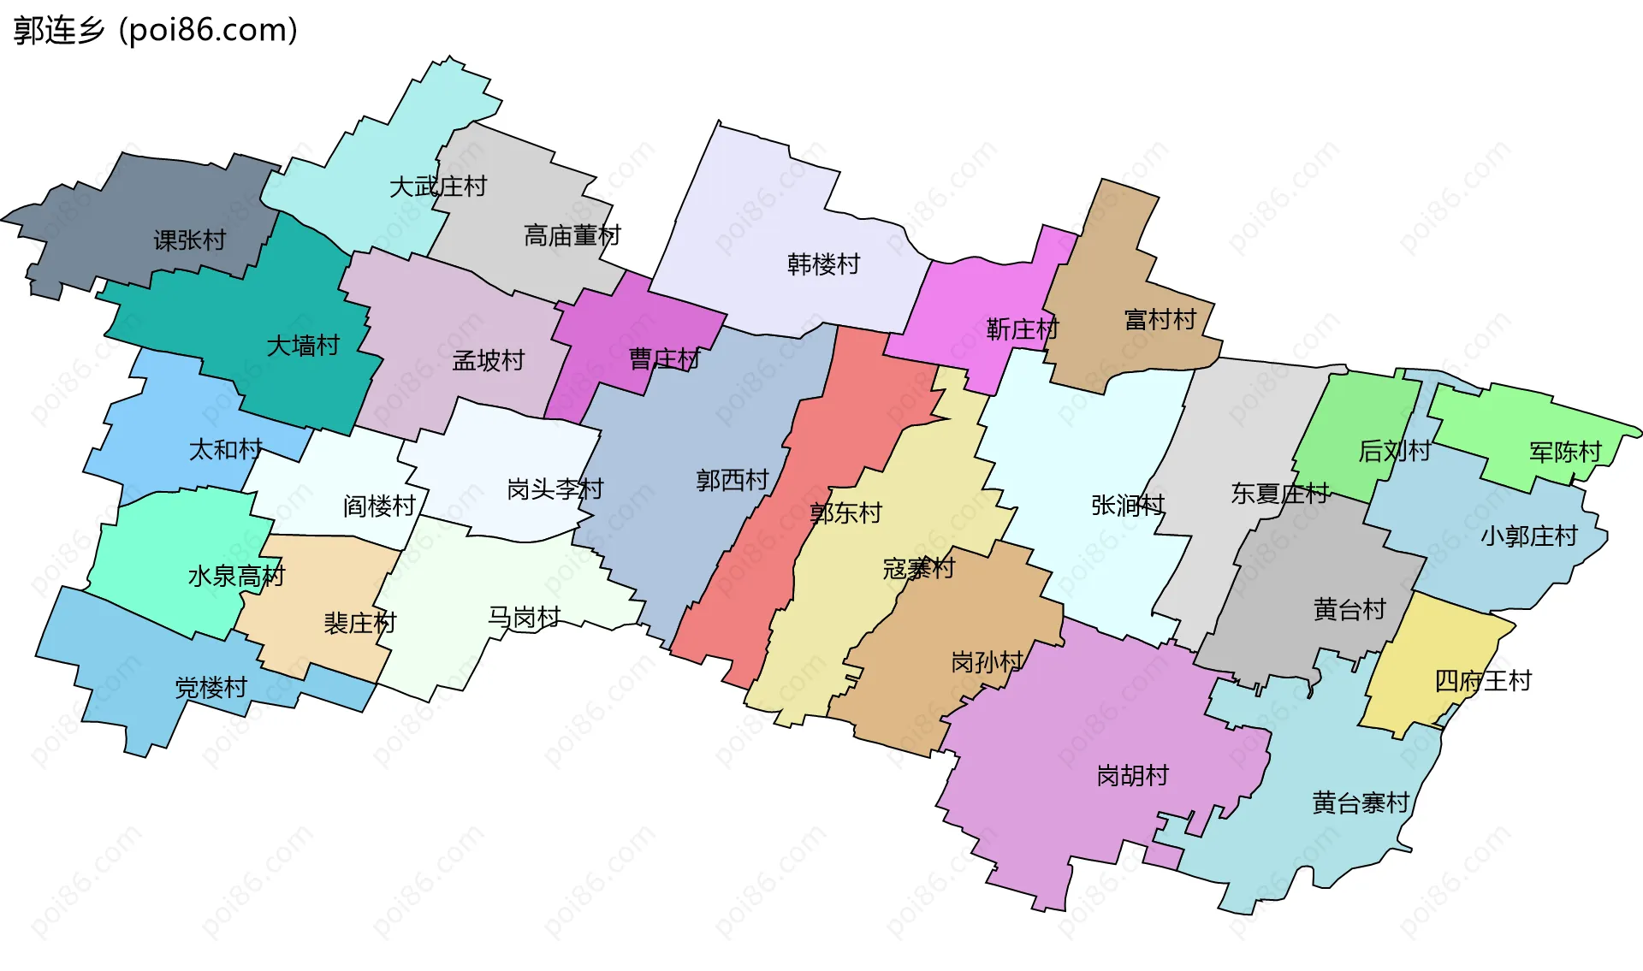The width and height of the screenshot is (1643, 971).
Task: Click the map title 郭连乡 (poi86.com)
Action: click(x=156, y=31)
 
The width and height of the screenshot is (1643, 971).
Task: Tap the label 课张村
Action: click(x=189, y=240)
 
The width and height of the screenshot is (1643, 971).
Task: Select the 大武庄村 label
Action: click(x=437, y=187)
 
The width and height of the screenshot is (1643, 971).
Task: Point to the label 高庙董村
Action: click(x=572, y=235)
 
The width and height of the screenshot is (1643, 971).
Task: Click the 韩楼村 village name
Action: click(x=823, y=264)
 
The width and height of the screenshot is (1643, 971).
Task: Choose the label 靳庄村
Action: click(x=1022, y=329)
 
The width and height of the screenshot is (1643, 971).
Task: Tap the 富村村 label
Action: click(x=1160, y=320)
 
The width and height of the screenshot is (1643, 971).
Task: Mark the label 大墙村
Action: click(x=303, y=346)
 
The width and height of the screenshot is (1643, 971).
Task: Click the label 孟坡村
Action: click(x=488, y=361)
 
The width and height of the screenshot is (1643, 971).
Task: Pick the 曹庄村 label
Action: click(x=664, y=359)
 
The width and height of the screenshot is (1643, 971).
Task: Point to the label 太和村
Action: click(x=225, y=449)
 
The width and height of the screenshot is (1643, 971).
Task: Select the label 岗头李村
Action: click(x=555, y=489)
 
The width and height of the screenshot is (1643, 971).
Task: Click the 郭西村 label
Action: click(x=732, y=481)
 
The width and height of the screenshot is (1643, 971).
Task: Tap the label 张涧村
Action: click(x=1127, y=506)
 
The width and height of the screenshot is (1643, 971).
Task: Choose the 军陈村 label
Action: click(x=1565, y=453)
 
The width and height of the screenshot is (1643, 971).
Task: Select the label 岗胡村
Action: click(x=1132, y=776)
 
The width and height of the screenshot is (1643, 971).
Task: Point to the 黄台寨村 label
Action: click(x=1361, y=803)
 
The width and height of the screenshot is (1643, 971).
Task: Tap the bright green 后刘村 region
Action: click(x=1356, y=411)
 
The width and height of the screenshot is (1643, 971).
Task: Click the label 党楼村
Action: click(x=211, y=688)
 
